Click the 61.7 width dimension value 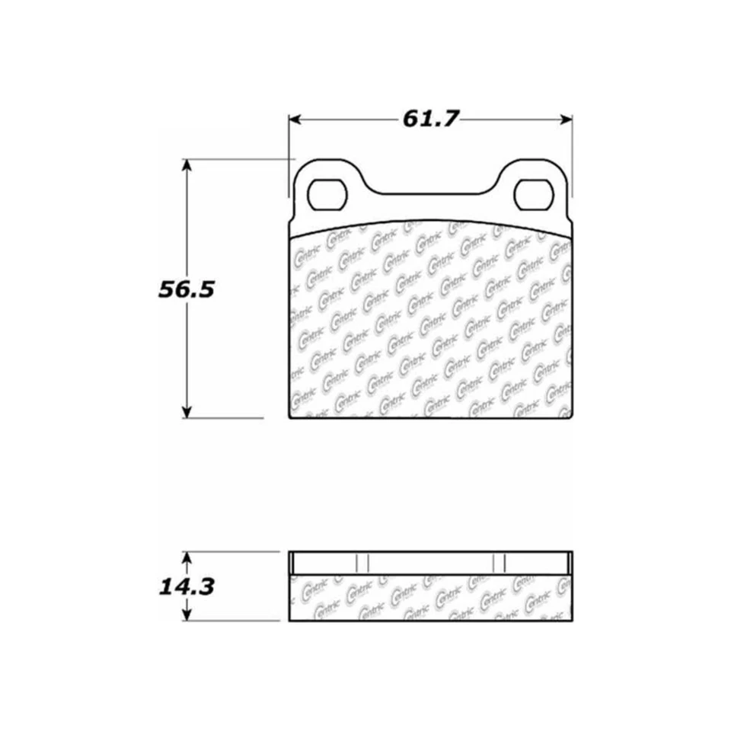coord(431,120)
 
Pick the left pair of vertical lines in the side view coord(362,562)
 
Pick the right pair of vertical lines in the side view coord(500,562)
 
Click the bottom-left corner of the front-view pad coord(290,418)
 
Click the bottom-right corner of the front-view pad coord(571,418)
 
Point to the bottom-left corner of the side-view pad coord(290,621)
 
